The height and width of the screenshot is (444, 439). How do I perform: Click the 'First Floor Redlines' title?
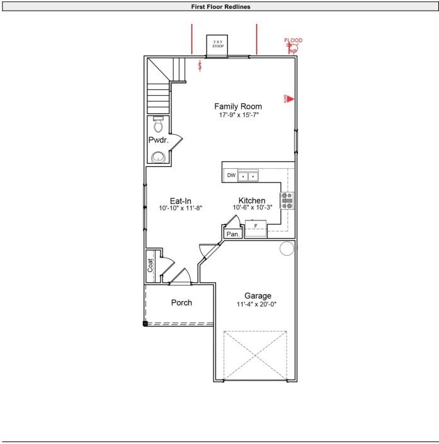(x=219, y=6)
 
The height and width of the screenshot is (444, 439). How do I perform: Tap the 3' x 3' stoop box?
(x=218, y=45)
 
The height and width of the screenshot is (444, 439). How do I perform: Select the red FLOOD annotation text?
(x=294, y=40)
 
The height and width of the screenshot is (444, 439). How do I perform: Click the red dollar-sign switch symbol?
(x=200, y=65)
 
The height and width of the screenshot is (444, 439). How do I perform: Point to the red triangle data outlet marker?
(x=291, y=99)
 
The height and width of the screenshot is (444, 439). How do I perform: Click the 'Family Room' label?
(x=238, y=106)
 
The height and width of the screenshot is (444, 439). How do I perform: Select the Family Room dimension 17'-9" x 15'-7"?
(x=239, y=115)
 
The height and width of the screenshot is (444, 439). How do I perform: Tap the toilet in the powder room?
(x=158, y=123)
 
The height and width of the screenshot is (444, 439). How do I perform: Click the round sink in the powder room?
(x=158, y=157)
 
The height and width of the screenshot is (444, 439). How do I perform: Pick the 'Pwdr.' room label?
(x=157, y=140)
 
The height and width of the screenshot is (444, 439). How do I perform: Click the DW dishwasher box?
(x=231, y=176)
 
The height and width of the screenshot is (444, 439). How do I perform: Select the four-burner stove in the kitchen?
(x=287, y=200)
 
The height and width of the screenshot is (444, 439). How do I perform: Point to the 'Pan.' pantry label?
(x=232, y=234)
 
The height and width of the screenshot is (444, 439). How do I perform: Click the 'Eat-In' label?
(x=180, y=201)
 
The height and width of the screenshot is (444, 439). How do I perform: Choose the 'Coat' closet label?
(x=151, y=265)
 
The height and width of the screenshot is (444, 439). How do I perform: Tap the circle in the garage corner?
(x=287, y=248)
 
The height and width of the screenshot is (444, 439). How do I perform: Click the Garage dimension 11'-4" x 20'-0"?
(x=257, y=304)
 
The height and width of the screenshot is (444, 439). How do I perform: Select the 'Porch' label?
(x=181, y=302)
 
